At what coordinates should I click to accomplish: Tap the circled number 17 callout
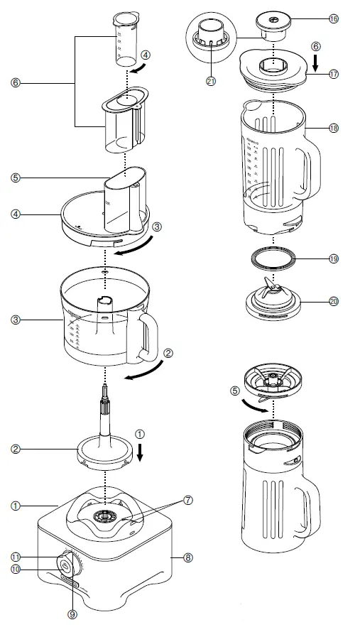point(334,74)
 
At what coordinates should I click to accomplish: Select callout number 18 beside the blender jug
point(334,129)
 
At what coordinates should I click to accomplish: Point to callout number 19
point(334,259)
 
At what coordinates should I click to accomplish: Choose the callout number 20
point(334,300)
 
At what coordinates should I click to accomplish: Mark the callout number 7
point(188,500)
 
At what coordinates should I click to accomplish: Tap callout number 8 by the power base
point(188,558)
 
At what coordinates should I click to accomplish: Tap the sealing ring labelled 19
point(274,258)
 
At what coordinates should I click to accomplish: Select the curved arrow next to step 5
point(256,405)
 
